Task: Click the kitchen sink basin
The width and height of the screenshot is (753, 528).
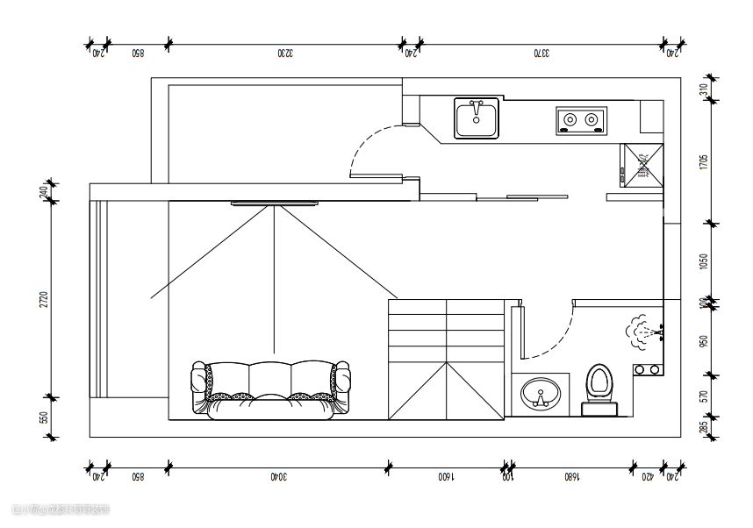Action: (476, 118)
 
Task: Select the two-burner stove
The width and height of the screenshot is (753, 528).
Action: (581, 119)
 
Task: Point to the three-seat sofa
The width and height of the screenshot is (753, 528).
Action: (270, 389)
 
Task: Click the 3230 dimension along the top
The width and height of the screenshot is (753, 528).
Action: (284, 54)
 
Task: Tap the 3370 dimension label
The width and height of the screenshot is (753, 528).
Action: (541, 54)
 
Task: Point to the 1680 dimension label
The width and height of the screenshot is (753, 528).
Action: (570, 478)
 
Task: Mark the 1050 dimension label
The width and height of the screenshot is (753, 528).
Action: (704, 261)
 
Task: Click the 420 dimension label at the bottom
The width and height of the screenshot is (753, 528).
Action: (648, 478)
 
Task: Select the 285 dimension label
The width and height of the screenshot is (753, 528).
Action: (704, 427)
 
